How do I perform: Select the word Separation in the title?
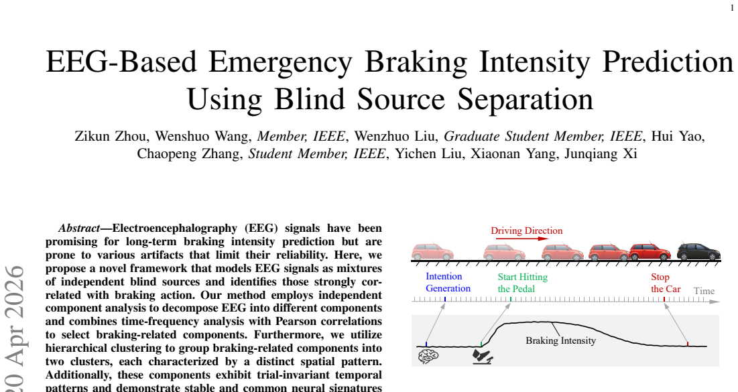(x=526, y=99)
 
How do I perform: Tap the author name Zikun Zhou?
(x=110, y=137)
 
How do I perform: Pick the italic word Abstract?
(x=79, y=228)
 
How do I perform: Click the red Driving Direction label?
(x=527, y=231)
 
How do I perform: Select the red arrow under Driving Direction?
(x=522, y=239)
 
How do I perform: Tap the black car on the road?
(x=698, y=252)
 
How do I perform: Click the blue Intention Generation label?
(x=448, y=282)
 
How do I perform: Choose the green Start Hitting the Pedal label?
(x=522, y=283)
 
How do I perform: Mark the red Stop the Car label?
(x=666, y=283)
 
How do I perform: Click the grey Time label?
(x=704, y=291)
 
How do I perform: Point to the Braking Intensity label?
(x=560, y=340)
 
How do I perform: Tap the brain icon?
(x=428, y=356)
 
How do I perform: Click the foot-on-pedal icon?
(x=483, y=356)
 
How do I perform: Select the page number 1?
(x=732, y=8)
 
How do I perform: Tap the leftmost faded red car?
(x=432, y=252)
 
